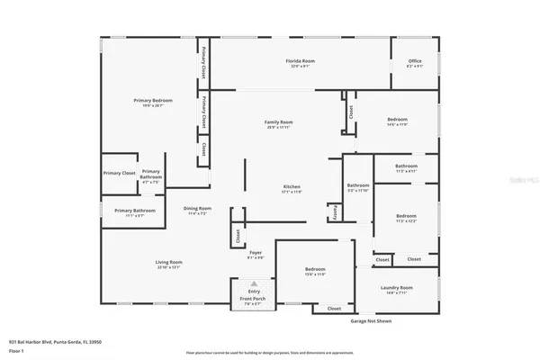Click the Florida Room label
pyautogui.click(x=300, y=62)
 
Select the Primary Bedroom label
pyautogui.click(x=153, y=102)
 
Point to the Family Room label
pyautogui.click(x=278, y=124)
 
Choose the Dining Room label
pyautogui.click(x=197, y=211)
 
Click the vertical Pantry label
pyautogui.click(x=336, y=211)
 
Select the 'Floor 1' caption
pyautogui.click(x=15, y=350)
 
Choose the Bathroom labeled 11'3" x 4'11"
pyautogui.click(x=406, y=167)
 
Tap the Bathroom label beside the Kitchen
pyautogui.click(x=358, y=187)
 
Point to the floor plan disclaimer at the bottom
pyautogui.click(x=269, y=352)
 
